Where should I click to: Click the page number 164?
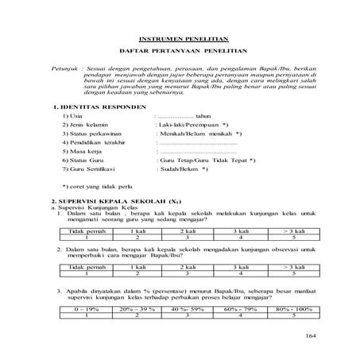coord(308,337)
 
